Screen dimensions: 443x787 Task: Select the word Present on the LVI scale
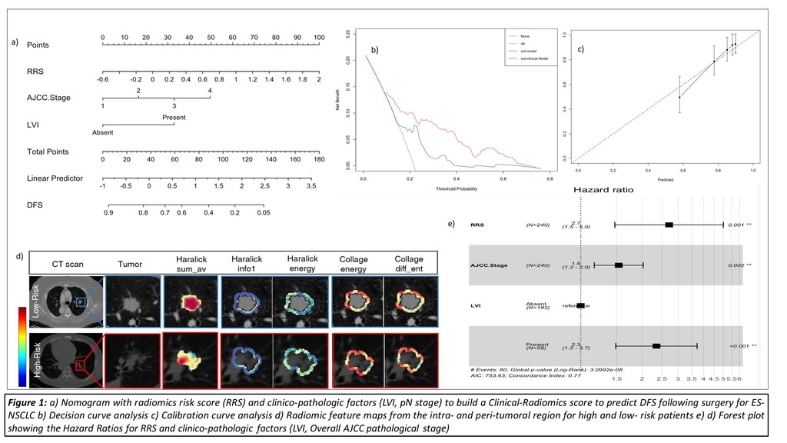tap(174, 118)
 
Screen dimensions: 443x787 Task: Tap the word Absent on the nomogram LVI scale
tap(102, 132)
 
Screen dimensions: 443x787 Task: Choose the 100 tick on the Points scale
tap(318, 38)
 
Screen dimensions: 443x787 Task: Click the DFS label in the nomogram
tap(36, 205)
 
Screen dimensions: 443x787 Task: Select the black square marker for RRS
tap(669, 224)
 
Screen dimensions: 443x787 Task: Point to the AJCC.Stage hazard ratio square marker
tap(619, 265)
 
